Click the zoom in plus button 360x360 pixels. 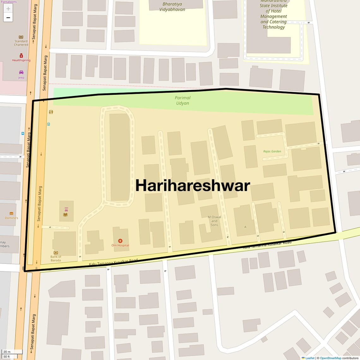(x=8, y=9)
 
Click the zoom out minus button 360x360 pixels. (x=8, y=18)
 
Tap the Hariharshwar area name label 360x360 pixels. (x=192, y=185)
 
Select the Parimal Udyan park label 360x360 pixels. (x=183, y=100)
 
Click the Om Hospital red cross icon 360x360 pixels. (x=120, y=241)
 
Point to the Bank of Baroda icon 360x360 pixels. (x=56, y=253)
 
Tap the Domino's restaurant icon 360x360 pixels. (x=11, y=213)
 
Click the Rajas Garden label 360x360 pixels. (x=272, y=151)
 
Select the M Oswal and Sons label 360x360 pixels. (x=214, y=221)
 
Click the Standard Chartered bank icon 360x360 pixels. (x=21, y=37)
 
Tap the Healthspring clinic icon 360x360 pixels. (x=21, y=56)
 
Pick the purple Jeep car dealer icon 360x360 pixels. (x=21, y=72)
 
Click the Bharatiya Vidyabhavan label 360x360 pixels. (x=172, y=7)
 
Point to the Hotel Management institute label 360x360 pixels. (x=273, y=16)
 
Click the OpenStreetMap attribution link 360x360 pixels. (x=330, y=358)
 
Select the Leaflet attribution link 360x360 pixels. (x=310, y=358)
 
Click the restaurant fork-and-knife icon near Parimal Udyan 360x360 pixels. (x=51, y=112)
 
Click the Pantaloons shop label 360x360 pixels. (x=9, y=2)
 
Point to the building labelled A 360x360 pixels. (x=245, y=227)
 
